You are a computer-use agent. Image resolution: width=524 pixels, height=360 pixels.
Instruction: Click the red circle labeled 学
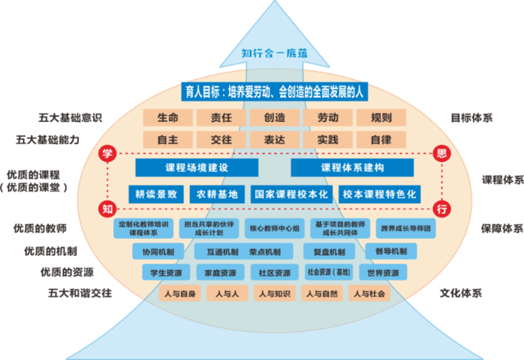click(106, 154)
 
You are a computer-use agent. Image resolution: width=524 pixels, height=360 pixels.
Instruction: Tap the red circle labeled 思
click(442, 154)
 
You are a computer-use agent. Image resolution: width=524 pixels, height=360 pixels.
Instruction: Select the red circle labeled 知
click(106, 208)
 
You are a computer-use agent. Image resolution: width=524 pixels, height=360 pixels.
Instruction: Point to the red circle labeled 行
click(442, 208)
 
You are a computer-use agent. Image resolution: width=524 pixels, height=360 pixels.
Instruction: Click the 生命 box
click(167, 118)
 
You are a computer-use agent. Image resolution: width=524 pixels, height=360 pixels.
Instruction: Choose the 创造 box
click(273, 118)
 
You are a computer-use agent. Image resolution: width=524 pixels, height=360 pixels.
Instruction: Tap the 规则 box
click(381, 118)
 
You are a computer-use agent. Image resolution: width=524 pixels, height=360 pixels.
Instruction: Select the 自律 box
click(381, 140)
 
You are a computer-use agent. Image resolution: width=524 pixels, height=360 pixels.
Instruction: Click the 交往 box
click(221, 140)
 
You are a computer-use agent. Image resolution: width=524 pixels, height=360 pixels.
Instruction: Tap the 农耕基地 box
click(216, 195)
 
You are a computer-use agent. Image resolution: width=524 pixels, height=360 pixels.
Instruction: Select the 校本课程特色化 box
click(380, 195)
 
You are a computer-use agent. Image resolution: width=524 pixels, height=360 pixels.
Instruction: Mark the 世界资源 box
click(382, 272)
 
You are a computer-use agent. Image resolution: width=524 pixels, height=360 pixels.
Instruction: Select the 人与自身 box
click(173, 293)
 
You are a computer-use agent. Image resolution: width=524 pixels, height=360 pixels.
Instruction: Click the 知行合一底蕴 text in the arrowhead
click(274, 54)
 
